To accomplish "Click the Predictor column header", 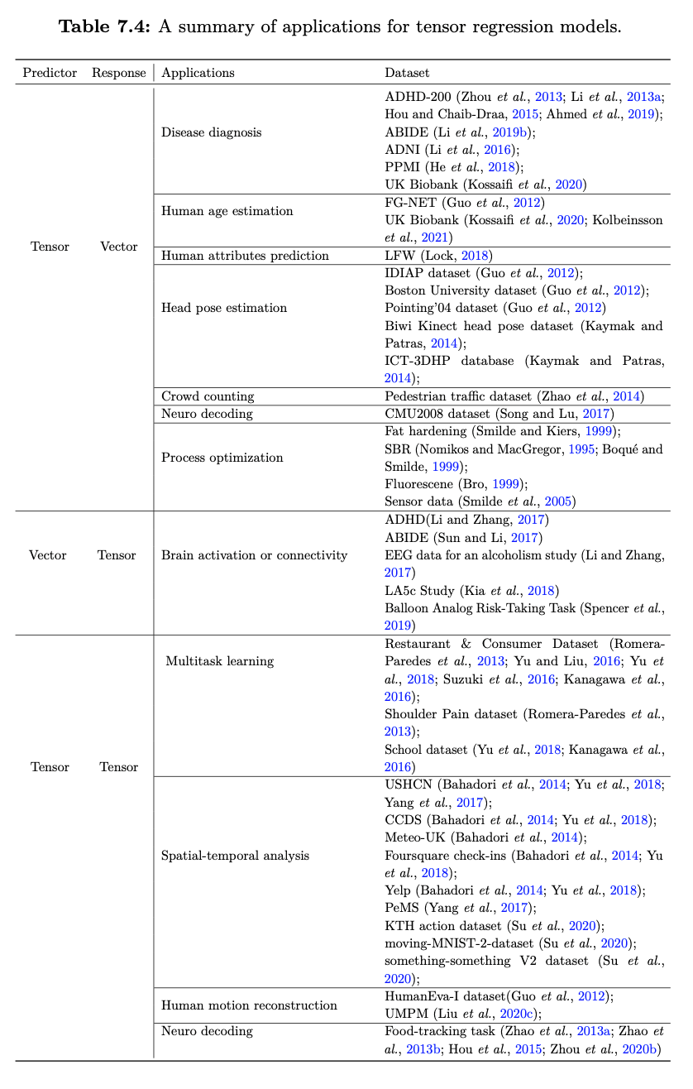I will tap(49, 73).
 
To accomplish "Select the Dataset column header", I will tap(407, 73).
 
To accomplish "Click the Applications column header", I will tap(198, 73).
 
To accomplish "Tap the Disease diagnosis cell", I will tap(211, 132).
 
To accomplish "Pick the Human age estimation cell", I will tap(227, 211).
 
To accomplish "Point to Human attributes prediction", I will tap(245, 256).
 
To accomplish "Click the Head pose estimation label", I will tap(223, 308).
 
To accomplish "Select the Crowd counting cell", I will tap(208, 396).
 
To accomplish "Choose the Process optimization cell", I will tap(222, 458).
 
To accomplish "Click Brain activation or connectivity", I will tap(254, 555).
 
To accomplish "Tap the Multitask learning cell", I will tap(219, 661).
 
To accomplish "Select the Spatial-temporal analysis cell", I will tap(235, 855).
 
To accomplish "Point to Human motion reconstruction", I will tap(249, 1005).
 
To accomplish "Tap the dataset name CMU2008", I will tap(417, 414).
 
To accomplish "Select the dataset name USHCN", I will tap(409, 784).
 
